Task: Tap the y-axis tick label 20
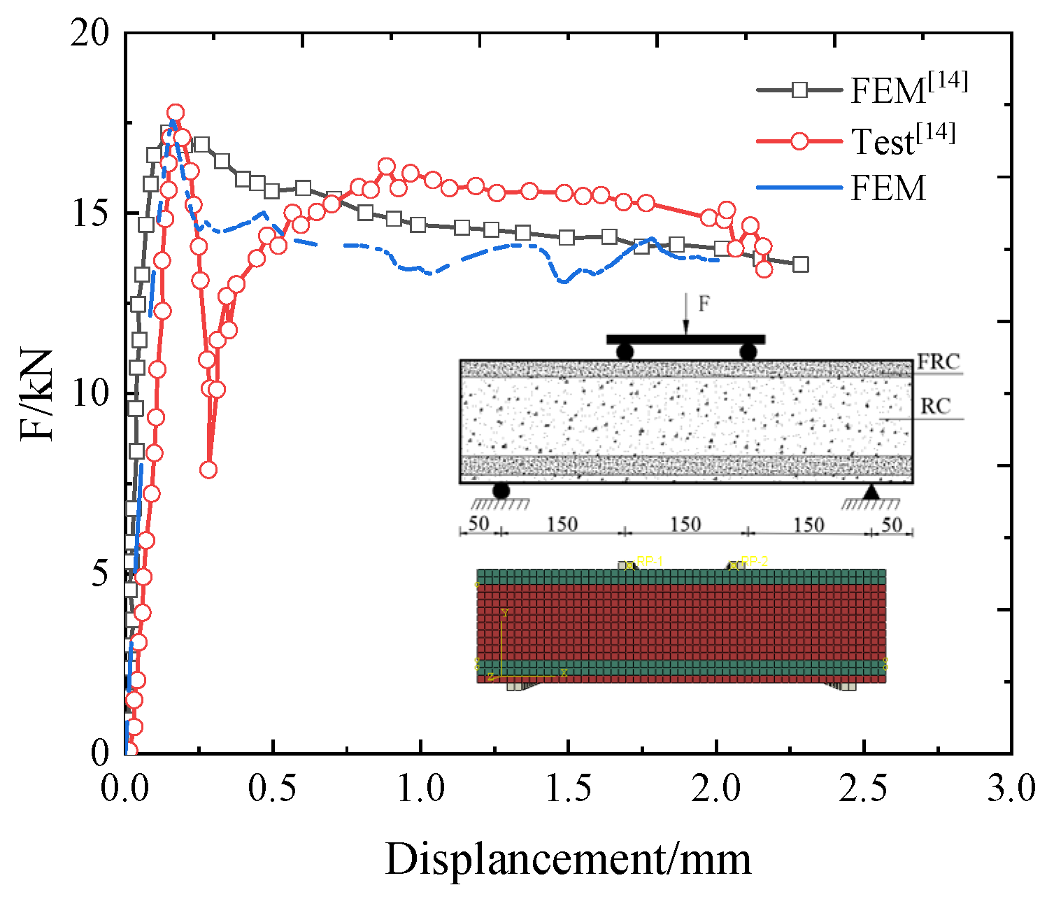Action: coord(91,34)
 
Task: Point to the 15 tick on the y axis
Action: coord(91,213)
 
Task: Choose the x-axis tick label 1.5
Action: coord(569,788)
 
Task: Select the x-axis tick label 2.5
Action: coord(864,788)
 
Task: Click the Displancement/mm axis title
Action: coord(568,859)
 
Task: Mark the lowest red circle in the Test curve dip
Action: coord(208,469)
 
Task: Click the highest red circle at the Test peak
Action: coord(176,113)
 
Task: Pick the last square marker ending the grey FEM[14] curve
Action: coord(801,264)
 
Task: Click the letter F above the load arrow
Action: coord(704,304)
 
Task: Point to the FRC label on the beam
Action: coord(939,362)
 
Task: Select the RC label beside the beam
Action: coord(936,406)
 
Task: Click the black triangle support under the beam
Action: coord(871,492)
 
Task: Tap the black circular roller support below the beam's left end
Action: coord(501,490)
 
